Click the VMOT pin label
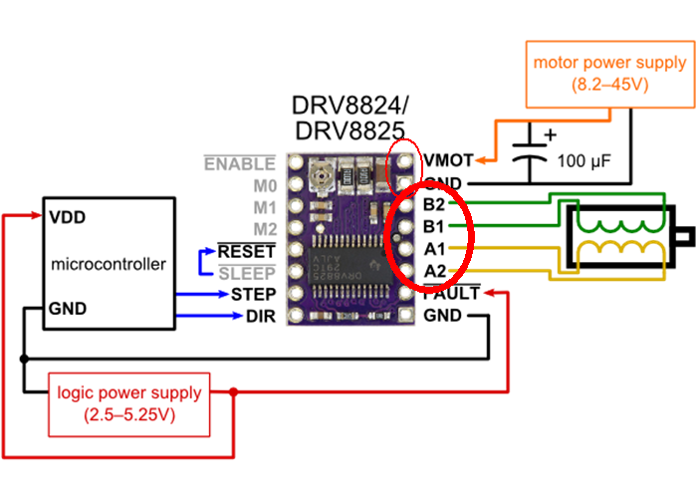click(447, 159)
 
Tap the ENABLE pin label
click(239, 163)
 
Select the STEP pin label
click(253, 295)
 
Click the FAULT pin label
click(451, 294)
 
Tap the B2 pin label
click(434, 205)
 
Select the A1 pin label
click(434, 249)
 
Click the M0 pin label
click(263, 185)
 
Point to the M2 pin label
click(263, 229)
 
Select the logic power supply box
click(129, 403)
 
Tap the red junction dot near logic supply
click(234, 392)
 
